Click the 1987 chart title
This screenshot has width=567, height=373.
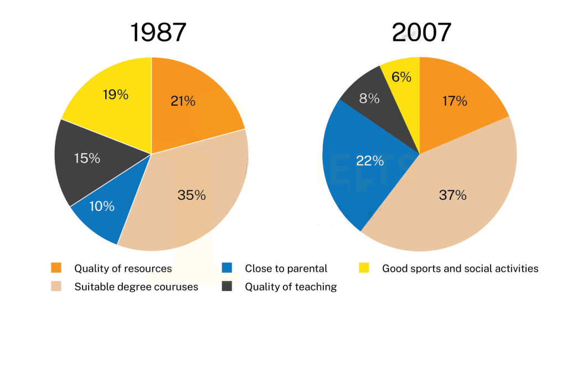point(158,33)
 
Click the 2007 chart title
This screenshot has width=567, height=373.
point(421,33)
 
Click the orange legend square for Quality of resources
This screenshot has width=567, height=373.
point(56,268)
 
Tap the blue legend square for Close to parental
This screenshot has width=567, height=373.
point(226,268)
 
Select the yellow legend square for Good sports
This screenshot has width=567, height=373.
point(364,268)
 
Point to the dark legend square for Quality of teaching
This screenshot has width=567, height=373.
point(226,286)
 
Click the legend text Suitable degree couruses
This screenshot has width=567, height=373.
point(136,287)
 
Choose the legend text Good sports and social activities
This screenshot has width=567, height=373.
point(460,268)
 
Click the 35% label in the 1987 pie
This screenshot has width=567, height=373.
point(192,195)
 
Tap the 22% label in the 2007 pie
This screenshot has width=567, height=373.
point(370,160)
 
